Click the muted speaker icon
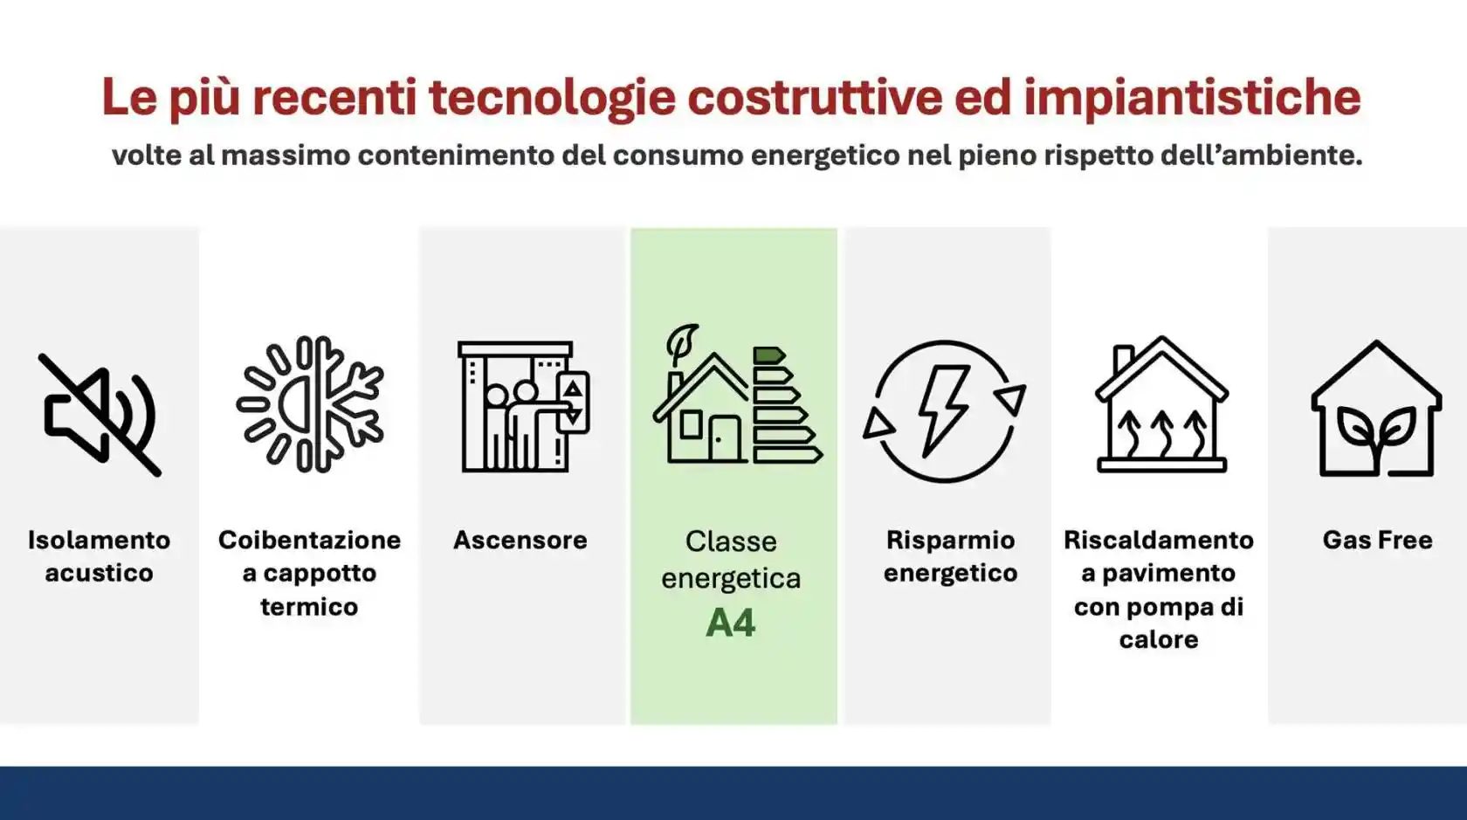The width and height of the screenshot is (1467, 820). tap(99, 414)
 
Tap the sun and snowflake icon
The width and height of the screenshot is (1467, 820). tap(310, 404)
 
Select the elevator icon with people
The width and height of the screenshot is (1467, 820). tap(522, 407)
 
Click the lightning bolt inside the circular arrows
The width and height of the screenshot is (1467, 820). tap(944, 410)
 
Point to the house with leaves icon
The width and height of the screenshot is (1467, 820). tap(1376, 410)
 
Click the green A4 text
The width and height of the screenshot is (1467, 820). tap(730, 624)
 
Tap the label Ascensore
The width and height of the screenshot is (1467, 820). tap(520, 541)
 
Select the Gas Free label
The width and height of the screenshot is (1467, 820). tap(1377, 541)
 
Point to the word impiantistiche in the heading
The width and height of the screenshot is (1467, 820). tap(1192, 97)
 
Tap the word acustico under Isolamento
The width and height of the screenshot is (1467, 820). tap(99, 574)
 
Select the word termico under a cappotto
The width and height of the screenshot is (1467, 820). tap(309, 607)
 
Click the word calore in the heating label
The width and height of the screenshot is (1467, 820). tap(1158, 640)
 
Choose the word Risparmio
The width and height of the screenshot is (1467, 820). tap(950, 541)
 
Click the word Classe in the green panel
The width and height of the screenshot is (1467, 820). tap(730, 541)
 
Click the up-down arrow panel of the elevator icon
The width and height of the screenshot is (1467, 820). tap(573, 403)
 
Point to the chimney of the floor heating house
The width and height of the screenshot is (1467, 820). tap(1123, 359)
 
